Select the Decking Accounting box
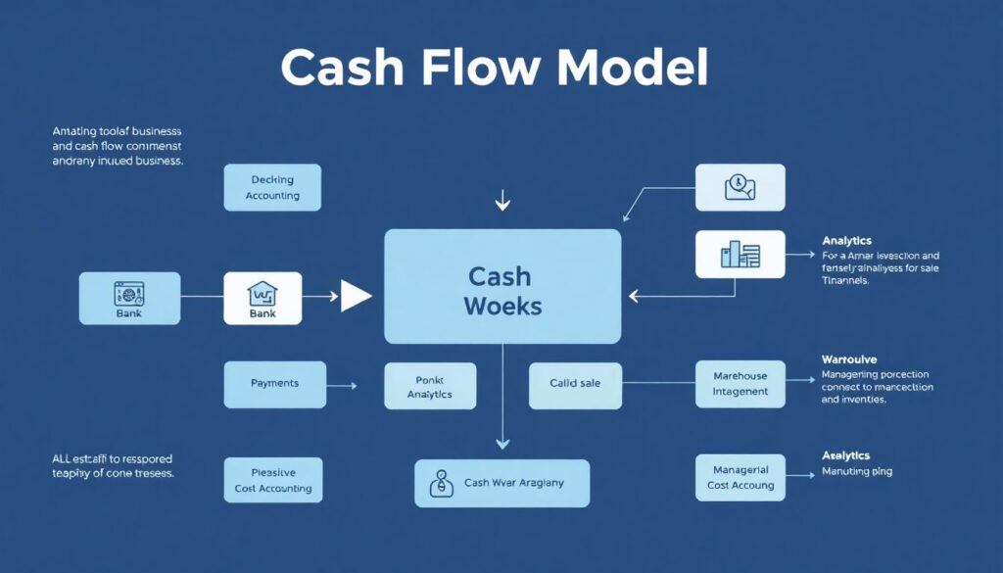[x=272, y=187]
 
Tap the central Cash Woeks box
[x=502, y=286]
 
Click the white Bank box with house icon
[x=263, y=298]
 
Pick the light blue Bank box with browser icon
[x=129, y=298]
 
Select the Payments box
[x=274, y=384]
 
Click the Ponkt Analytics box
[x=430, y=386]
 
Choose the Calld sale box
[x=575, y=384]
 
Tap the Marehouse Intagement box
[x=740, y=384]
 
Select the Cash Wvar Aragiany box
[x=501, y=483]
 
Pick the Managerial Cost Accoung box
[x=740, y=477]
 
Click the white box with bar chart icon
[x=740, y=255]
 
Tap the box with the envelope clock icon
[x=740, y=187]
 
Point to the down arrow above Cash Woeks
[x=502, y=203]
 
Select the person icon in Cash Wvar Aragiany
[x=443, y=483]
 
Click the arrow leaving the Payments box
[x=340, y=386]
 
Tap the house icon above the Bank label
[x=263, y=292]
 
